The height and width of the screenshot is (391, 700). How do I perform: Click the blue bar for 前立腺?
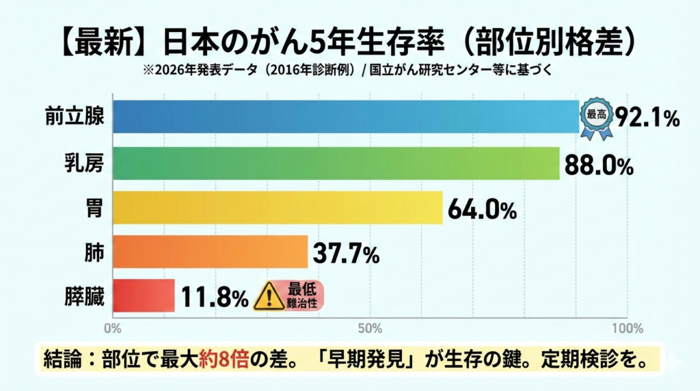pos(345,117)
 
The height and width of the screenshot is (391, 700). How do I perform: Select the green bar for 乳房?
pos(336,163)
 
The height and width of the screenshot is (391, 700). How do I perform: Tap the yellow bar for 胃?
pos(278,208)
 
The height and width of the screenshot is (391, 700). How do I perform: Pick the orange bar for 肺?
pos(210,252)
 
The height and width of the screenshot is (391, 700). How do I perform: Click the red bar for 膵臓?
pos(144,295)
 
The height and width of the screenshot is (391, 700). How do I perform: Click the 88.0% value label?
pos(599,164)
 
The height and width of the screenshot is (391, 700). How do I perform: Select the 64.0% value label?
pos(482,208)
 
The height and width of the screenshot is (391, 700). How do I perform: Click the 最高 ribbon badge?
pos(595,117)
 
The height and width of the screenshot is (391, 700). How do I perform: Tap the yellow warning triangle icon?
pos(268,297)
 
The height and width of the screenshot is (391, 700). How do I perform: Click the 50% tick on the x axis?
pos(370,328)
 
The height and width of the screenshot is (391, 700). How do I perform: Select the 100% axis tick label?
pos(627,328)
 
